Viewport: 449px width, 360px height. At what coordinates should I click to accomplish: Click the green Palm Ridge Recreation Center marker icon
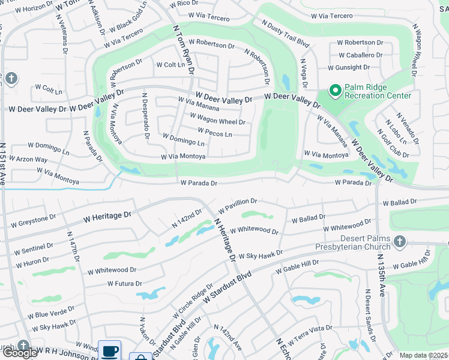pos(335,91)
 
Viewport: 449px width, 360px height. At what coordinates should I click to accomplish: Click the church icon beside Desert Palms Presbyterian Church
pos(400,241)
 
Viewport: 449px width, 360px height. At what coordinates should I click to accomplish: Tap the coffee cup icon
pos(109,351)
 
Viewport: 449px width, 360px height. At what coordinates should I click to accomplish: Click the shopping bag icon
pos(140,356)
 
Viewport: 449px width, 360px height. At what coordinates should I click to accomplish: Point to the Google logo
pos(19,353)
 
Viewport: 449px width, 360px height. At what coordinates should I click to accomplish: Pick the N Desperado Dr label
pos(145,115)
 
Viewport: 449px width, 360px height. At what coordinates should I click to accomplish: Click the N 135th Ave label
pos(382,275)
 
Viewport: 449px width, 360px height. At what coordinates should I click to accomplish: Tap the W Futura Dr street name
pos(124,283)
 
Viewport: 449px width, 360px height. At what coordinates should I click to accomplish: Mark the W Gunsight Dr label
pos(357,68)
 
